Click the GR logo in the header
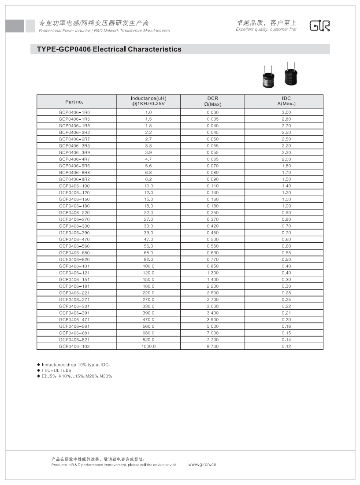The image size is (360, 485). [320, 26]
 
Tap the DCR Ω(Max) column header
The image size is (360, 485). [212, 101]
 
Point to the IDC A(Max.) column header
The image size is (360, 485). [284, 101]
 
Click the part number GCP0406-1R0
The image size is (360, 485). [77, 112]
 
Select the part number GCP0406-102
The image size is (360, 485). [77, 346]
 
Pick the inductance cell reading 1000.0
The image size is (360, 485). [148, 346]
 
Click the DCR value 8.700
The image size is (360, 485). [212, 346]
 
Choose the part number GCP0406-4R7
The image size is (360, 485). [77, 159]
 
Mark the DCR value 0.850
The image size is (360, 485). [212, 266]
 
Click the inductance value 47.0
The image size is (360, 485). [148, 239]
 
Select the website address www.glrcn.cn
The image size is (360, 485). [202, 464]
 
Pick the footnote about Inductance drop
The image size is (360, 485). [75, 365]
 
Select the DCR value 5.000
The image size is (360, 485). [212, 326]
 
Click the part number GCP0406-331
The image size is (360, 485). [77, 306]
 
